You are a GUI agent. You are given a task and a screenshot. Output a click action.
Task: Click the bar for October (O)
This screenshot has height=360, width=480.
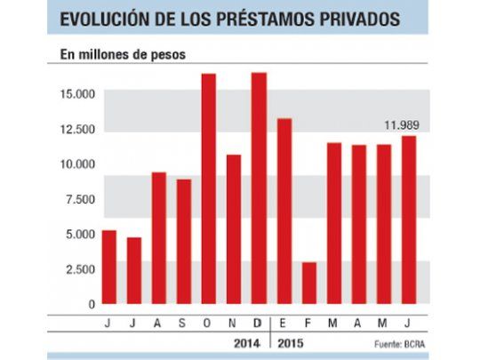209,190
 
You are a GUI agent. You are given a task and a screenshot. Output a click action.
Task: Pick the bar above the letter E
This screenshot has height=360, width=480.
284,212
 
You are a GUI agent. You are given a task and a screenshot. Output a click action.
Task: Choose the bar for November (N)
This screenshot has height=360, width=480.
234,230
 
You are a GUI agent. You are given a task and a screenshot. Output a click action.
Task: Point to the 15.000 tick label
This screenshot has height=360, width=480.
77,94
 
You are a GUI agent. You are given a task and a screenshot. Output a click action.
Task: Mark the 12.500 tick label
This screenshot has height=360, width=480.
77,130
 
